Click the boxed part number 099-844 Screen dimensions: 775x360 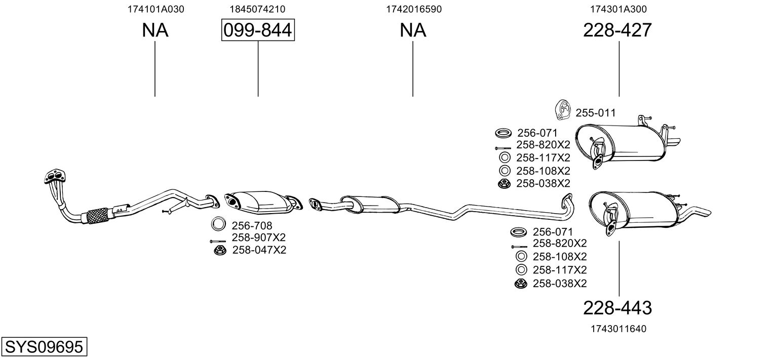click(258, 30)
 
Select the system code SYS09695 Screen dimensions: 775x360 click(44, 346)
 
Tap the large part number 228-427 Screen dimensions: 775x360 click(617, 30)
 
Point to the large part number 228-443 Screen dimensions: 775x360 click(617, 308)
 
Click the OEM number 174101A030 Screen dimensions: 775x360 click(156, 9)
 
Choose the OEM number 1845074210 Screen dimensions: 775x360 click(257, 9)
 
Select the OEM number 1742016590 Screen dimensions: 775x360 click(414, 9)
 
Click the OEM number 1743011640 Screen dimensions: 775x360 click(618, 329)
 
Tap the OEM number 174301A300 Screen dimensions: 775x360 click(618, 9)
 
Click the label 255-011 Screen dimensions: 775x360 click(596, 113)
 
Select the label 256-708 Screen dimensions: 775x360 click(252, 225)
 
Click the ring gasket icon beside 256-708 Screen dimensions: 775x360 click(218, 224)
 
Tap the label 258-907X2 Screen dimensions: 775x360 click(258, 237)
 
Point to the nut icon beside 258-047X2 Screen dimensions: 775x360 click(220, 250)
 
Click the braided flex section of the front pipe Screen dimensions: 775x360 click(98, 216)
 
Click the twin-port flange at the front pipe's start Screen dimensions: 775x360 click(55, 176)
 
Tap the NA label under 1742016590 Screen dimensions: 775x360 click(413, 30)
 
